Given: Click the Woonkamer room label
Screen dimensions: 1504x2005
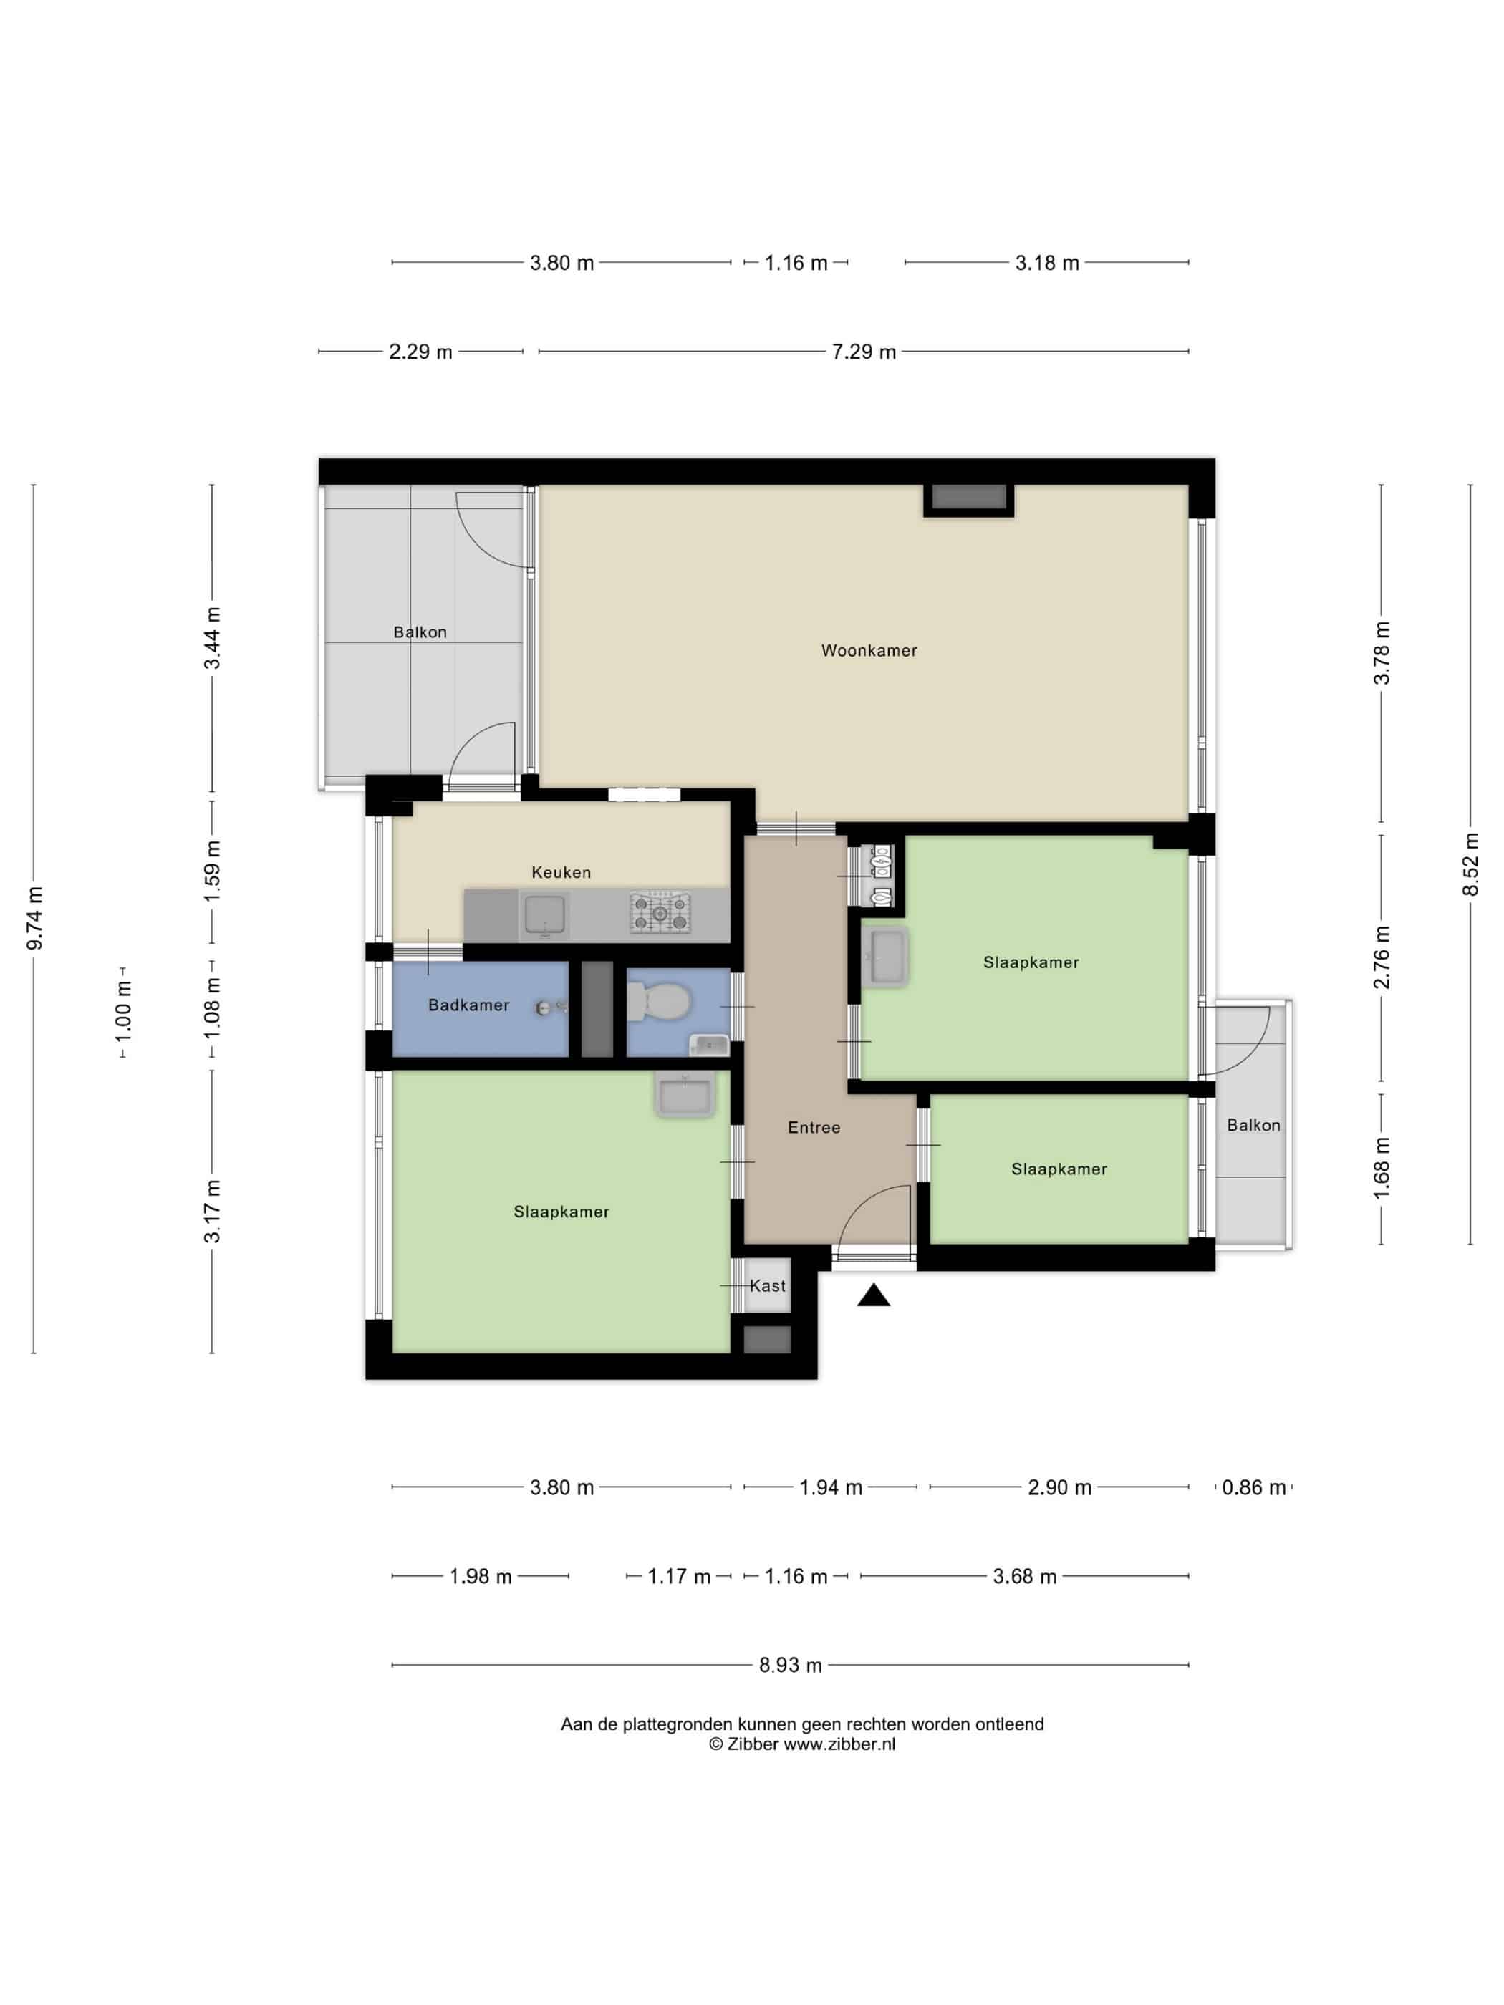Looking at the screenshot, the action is point(869,650).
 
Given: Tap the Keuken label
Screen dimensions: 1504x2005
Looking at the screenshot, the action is point(561,872).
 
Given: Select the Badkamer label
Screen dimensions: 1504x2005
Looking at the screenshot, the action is point(468,1005).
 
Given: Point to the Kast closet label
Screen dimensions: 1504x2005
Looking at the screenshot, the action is point(768,1285).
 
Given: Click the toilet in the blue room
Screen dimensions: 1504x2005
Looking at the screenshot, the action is point(660,1002).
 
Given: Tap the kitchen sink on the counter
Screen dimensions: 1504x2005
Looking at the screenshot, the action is point(545,915).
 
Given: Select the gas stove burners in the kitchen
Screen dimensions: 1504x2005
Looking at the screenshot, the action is point(661,913).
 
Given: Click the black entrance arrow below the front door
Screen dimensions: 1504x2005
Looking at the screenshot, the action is point(874,1295).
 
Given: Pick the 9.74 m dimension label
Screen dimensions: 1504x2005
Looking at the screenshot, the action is point(34,918).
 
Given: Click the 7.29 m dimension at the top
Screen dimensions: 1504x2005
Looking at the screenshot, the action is point(864,352).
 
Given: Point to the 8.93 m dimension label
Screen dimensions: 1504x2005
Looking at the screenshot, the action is point(791,1665).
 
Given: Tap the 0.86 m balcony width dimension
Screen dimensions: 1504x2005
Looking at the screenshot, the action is point(1254,1487).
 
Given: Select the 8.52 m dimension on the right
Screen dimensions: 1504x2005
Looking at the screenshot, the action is point(1470,864).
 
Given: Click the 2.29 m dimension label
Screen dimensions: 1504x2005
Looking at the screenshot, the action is point(420,352).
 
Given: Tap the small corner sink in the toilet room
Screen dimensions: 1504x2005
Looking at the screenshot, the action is point(709,1045).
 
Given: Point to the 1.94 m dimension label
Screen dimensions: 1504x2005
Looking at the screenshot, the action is point(830,1487).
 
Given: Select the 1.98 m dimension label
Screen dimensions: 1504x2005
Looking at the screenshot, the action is point(481,1576).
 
